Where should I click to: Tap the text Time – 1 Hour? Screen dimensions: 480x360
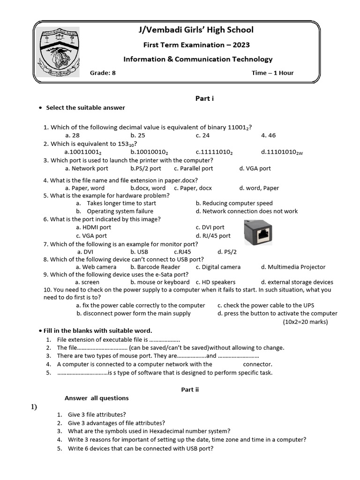pyautogui.click(x=272, y=73)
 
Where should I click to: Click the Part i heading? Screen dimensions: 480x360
pyautogui.click(x=204, y=98)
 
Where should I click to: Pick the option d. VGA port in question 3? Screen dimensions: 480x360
pyautogui.click(x=255, y=168)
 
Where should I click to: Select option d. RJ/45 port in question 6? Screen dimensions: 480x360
pyautogui.click(x=213, y=236)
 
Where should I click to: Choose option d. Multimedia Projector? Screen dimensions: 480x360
pyautogui.click(x=293, y=267)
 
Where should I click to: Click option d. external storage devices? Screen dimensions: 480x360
pyautogui.click(x=297, y=282)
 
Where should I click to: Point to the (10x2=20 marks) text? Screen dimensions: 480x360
pyautogui.click(x=305, y=322)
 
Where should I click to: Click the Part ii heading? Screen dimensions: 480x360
pyautogui.click(x=190, y=390)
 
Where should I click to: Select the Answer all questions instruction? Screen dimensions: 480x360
pyautogui.click(x=97, y=398)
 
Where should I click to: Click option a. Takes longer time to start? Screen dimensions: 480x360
pyautogui.click(x=116, y=203)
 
